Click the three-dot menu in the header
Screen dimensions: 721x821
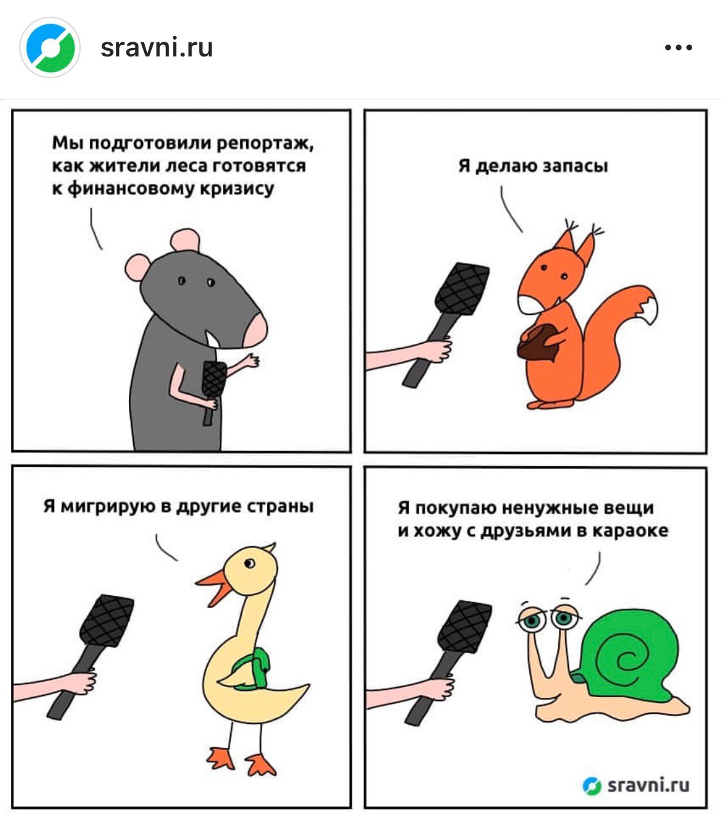pos(679,47)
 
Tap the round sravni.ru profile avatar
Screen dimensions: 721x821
pos(50,47)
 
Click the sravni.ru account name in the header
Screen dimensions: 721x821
pos(156,48)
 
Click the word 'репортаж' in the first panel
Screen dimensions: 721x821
pos(265,144)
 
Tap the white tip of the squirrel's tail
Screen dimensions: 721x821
pos(647,310)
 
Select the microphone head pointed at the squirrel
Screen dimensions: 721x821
pos(462,289)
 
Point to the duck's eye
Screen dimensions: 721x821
pos(250,564)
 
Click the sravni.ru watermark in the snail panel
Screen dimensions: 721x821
pos(636,786)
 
